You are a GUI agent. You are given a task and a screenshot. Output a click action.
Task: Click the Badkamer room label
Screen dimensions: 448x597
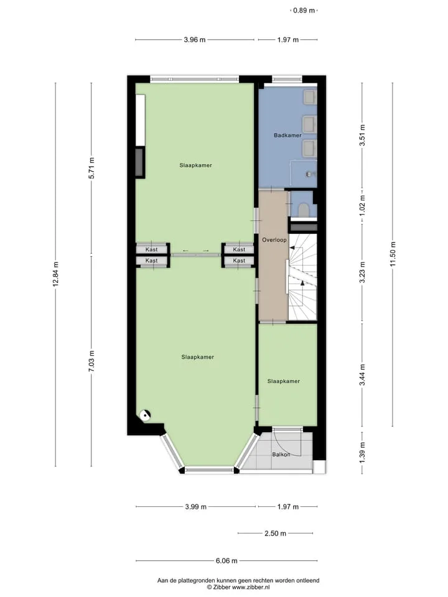(x=287, y=135)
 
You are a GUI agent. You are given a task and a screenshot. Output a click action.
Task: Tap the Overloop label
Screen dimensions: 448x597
(x=274, y=240)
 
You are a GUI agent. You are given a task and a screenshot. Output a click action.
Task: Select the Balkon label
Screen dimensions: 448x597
(x=281, y=454)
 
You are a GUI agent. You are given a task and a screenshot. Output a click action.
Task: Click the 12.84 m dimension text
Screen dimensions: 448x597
(x=55, y=274)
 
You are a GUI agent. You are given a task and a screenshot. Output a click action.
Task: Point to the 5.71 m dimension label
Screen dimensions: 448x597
(x=91, y=168)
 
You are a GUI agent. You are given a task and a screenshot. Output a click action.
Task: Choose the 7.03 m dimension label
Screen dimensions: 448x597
(x=91, y=361)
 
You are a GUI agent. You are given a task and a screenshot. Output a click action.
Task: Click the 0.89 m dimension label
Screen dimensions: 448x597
(x=304, y=11)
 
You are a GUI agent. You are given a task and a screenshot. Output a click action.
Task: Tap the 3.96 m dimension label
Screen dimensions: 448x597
(x=195, y=40)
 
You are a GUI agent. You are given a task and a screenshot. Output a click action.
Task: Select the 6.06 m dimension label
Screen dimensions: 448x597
(x=226, y=560)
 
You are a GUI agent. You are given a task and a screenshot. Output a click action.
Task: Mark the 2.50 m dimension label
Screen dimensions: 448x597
(x=276, y=534)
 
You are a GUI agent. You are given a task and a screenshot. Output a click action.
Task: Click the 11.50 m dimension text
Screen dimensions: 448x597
(x=393, y=254)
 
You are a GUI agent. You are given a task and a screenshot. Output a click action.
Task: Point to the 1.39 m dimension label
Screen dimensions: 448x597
(x=362, y=453)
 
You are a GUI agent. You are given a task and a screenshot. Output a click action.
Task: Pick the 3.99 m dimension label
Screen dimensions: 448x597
(x=196, y=507)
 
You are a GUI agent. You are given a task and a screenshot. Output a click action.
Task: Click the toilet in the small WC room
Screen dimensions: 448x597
(x=304, y=210)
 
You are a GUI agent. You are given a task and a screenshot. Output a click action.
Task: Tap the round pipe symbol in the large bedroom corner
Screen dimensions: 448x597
(x=145, y=415)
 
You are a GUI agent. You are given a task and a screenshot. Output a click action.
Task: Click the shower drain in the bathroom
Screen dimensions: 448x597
(x=309, y=174)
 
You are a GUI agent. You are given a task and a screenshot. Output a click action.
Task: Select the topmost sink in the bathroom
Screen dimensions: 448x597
(x=310, y=97)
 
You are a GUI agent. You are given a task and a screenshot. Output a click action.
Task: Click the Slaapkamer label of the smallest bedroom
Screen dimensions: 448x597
(x=284, y=381)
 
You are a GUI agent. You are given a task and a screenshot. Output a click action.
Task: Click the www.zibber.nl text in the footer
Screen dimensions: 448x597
(x=251, y=588)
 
